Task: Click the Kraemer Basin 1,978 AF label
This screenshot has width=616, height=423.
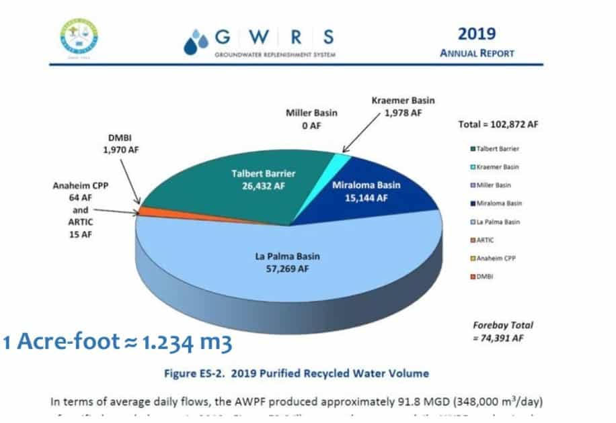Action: coord(403,107)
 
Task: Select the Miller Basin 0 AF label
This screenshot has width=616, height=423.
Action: coord(311,119)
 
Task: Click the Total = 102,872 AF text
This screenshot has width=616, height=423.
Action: coord(497,124)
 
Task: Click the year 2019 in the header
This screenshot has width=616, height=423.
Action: coord(477,34)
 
